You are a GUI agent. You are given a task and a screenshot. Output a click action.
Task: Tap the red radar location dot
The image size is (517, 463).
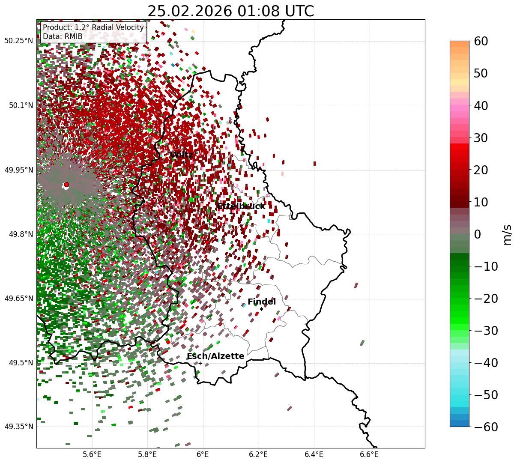[66, 185]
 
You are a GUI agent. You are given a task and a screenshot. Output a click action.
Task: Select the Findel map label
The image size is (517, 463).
[261, 302]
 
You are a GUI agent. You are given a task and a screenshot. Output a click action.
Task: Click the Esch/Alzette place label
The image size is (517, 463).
[215, 356]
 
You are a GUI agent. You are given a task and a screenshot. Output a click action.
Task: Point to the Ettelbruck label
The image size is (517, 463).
[241, 206]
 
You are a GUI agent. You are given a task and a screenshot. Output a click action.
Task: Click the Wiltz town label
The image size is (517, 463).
[182, 155]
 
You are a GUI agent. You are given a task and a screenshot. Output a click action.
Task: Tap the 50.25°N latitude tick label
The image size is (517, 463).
[18, 41]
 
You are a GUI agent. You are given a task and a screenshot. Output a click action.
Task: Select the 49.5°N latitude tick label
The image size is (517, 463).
[20, 363]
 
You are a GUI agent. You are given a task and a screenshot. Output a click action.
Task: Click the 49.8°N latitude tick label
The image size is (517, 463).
[20, 234]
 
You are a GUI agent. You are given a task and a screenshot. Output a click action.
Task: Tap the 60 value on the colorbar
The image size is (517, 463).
[482, 41]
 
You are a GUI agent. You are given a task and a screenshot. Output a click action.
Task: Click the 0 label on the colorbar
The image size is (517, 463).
[477, 234]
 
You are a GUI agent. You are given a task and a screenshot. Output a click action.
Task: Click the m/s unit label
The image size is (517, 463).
[508, 234]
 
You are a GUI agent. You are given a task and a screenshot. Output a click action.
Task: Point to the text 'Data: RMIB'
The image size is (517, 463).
[63, 36]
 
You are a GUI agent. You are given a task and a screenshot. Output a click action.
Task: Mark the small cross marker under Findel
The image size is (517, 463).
[261, 309]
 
